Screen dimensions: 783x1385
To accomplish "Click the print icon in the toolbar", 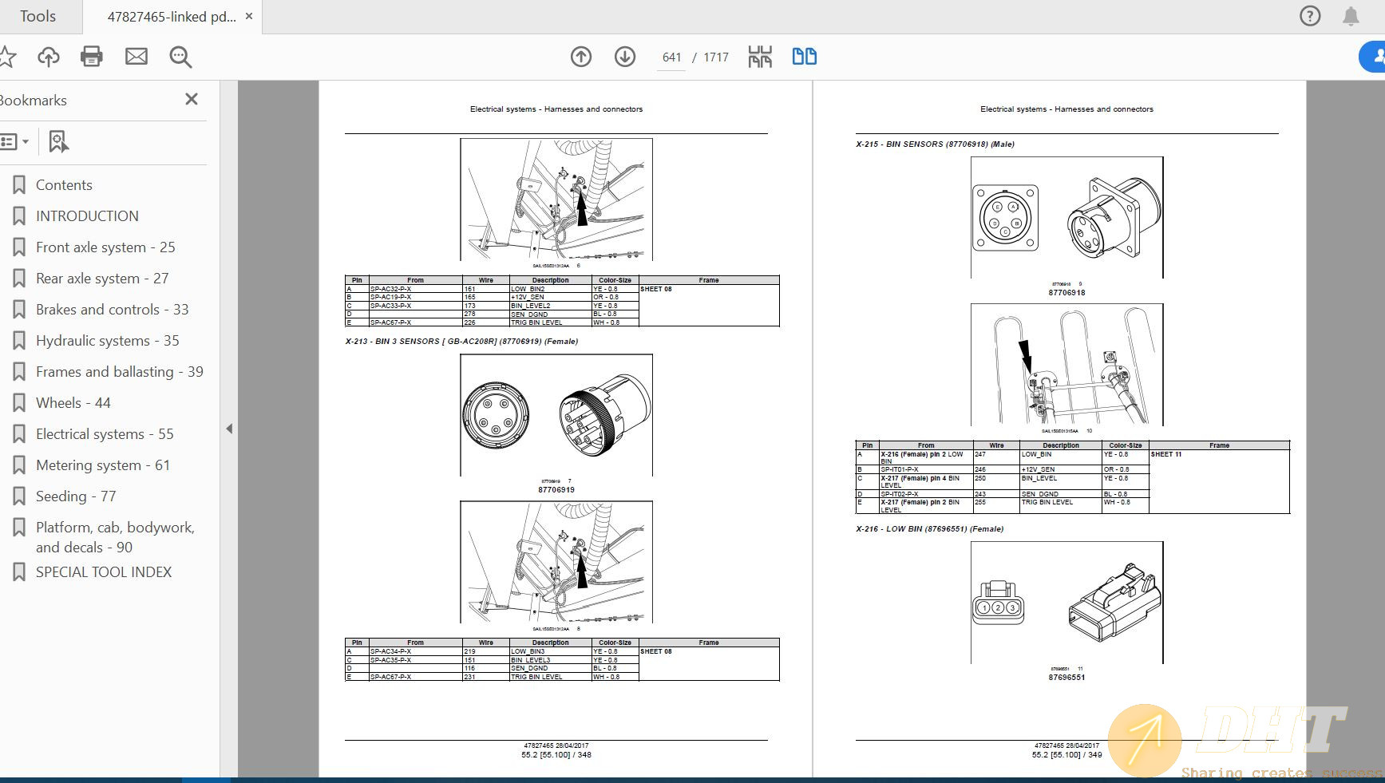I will point(92,57).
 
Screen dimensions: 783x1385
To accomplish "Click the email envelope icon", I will point(137,57).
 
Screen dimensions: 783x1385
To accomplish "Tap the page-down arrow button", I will point(625,57).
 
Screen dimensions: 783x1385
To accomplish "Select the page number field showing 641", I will point(671,57).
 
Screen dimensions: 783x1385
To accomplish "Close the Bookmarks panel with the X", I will point(192,99).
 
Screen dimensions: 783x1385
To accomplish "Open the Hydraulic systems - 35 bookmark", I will point(107,341).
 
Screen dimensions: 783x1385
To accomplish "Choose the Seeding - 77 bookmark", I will point(76,496).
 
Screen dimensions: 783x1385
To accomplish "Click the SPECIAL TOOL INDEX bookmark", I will point(103,572).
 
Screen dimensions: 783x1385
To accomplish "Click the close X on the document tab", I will point(249,16).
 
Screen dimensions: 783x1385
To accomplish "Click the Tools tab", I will point(38,16).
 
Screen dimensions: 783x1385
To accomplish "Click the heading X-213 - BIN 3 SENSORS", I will point(461,342).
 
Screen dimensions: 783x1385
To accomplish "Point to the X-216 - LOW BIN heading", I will point(929,529).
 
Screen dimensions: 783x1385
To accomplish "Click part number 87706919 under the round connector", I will point(556,490).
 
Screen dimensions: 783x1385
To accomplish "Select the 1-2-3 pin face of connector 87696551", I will point(998,607).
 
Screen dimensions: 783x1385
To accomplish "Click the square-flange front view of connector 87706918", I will point(1006,217).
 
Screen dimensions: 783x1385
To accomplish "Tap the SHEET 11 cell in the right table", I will point(1166,455).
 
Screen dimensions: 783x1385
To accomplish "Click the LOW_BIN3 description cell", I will point(528,652).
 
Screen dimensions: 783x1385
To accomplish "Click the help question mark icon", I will point(1310,16).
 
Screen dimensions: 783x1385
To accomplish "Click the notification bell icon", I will point(1351,16).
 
